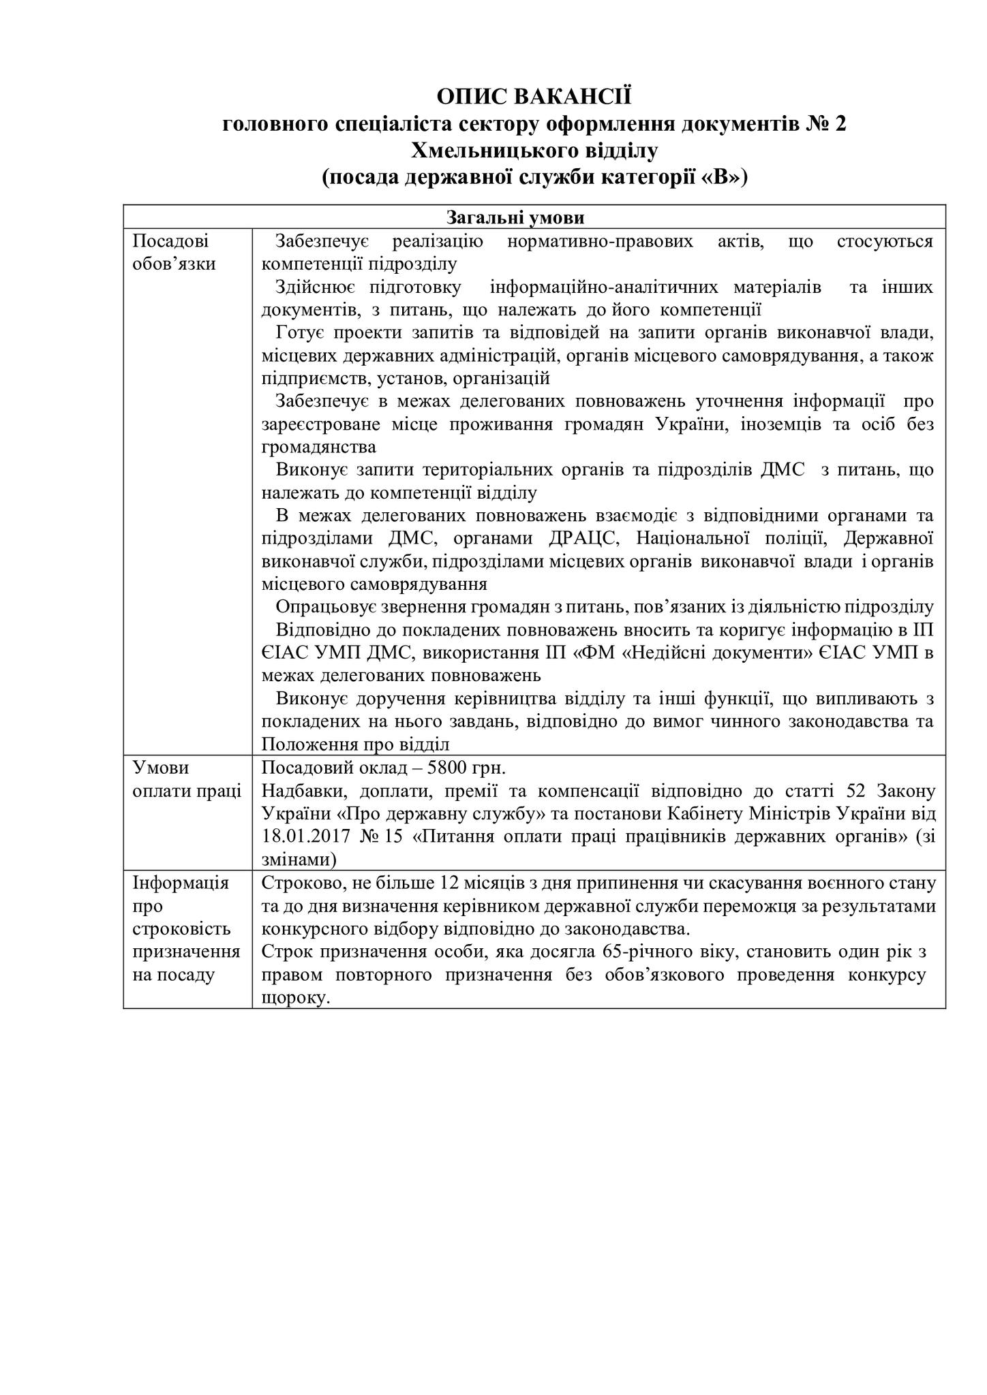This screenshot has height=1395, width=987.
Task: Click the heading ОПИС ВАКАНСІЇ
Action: point(534,97)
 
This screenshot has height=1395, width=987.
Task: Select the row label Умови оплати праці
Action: point(187,780)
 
